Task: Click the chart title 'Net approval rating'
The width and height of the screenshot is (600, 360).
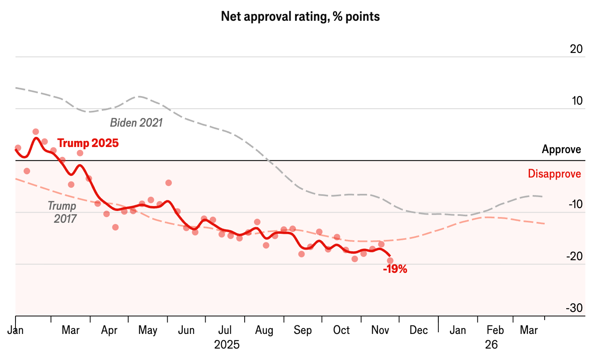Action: (300, 17)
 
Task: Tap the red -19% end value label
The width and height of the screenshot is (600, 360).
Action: (395, 269)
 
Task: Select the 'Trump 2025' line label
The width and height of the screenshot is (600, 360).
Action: (88, 143)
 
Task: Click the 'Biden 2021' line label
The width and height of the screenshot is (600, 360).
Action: (136, 123)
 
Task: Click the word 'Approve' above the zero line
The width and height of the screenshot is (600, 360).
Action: (561, 149)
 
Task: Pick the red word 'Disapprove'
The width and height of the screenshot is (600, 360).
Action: (554, 174)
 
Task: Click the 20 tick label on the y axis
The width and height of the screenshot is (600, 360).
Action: (576, 49)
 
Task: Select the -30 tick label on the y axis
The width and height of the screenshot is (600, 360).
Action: (574, 308)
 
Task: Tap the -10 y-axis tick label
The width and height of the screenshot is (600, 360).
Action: (575, 204)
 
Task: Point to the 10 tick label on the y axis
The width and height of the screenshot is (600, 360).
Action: (577, 101)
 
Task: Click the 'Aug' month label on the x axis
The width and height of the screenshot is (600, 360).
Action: (264, 330)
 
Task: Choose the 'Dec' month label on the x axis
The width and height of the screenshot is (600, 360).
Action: (418, 330)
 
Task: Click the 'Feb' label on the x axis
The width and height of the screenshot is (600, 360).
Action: (495, 330)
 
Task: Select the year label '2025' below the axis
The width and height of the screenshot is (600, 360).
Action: (227, 345)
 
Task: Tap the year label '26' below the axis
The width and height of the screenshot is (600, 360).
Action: (491, 345)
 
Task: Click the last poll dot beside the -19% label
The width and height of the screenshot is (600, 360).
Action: (390, 261)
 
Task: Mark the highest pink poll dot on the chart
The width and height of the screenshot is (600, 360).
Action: (36, 132)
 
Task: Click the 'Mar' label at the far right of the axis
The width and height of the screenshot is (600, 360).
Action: (529, 330)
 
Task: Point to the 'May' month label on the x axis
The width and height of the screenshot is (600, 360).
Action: (148, 330)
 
